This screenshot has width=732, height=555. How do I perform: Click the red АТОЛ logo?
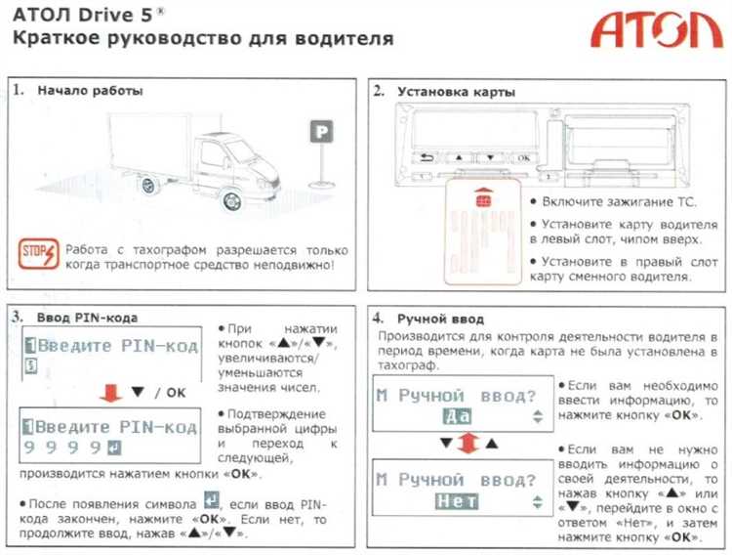[656, 31]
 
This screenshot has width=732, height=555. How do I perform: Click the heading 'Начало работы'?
[90, 91]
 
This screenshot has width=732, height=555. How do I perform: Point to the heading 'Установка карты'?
[456, 92]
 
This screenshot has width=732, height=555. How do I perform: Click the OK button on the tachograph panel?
[523, 156]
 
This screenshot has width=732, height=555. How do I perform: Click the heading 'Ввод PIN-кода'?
[87, 318]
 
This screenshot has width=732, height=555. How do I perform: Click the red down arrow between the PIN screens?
[111, 392]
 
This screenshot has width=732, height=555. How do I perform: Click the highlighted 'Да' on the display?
[457, 415]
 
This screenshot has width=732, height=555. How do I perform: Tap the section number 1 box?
[19, 90]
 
